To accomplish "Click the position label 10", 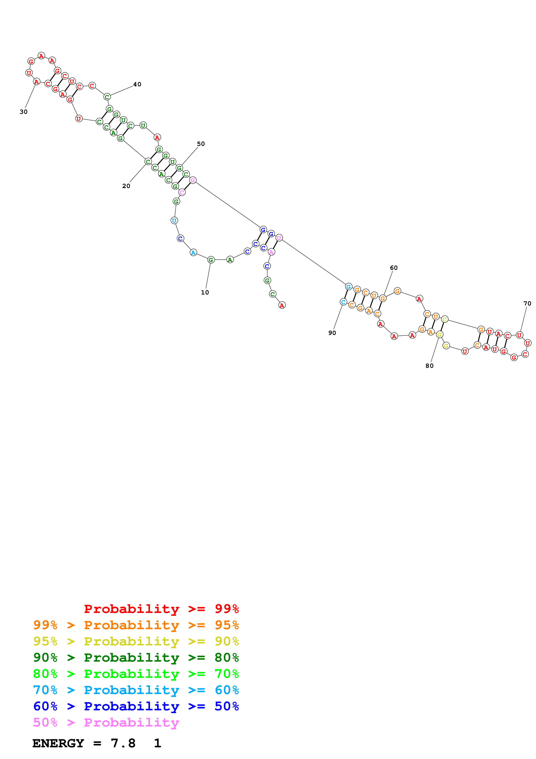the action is pyautogui.click(x=205, y=292).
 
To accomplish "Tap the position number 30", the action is pyautogui.click(x=23, y=112).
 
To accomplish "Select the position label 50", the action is pyautogui.click(x=201, y=144).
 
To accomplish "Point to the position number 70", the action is pyautogui.click(x=527, y=304).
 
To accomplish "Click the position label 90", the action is pyautogui.click(x=332, y=333).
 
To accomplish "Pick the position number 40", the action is pyautogui.click(x=137, y=84).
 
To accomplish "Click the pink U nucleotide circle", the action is pyautogui.click(x=279, y=238).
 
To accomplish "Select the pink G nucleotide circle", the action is pyautogui.click(x=193, y=180).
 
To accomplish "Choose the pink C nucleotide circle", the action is pyautogui.click(x=182, y=192).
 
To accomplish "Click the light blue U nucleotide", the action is pyautogui.click(x=174, y=220).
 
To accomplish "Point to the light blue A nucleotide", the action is pyautogui.click(x=193, y=253).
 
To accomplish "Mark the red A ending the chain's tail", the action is pyautogui.click(x=282, y=306).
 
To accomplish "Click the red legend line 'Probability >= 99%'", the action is pyautogui.click(x=161, y=609).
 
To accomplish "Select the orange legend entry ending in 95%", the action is pyautogui.click(x=136, y=625).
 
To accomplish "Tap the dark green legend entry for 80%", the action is pyautogui.click(x=136, y=658).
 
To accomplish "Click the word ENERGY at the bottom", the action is pyautogui.click(x=58, y=743).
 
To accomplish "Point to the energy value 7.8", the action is pyautogui.click(x=123, y=743).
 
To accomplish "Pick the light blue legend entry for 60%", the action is pyautogui.click(x=136, y=690).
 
